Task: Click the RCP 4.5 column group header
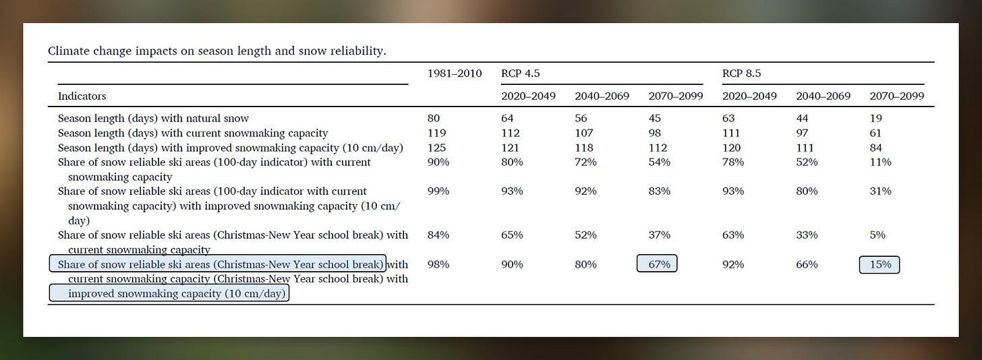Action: (x=521, y=73)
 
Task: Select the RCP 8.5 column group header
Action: (x=742, y=73)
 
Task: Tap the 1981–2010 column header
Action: (x=455, y=73)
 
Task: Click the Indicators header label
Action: (x=82, y=96)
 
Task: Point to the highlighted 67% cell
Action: (x=657, y=264)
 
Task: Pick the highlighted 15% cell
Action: (x=879, y=264)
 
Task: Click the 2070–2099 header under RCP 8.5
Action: (x=897, y=96)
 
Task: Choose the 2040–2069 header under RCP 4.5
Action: (x=602, y=96)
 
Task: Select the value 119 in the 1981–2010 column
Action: (x=437, y=133)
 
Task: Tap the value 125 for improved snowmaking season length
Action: (x=437, y=148)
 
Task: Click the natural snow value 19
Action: (x=876, y=118)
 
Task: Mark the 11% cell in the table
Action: (x=880, y=162)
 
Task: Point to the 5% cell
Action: (x=877, y=235)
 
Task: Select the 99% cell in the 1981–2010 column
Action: (x=438, y=191)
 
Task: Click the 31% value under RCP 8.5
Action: (x=880, y=191)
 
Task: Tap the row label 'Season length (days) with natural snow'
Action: (x=153, y=118)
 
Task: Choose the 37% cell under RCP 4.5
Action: (x=660, y=235)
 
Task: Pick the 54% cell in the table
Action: (x=660, y=162)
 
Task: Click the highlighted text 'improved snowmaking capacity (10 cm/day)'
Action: (x=169, y=293)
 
